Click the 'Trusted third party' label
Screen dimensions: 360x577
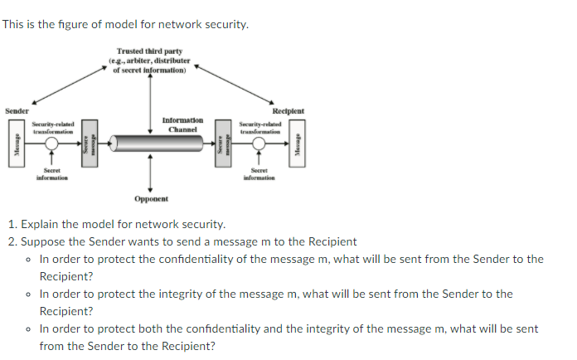tap(150, 51)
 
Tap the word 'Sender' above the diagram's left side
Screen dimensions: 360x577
tap(17, 111)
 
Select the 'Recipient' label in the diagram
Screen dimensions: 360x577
tap(288, 110)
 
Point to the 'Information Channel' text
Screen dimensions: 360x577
tap(182, 124)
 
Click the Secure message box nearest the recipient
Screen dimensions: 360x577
tap(221, 144)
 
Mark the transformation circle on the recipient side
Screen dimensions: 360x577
tap(259, 144)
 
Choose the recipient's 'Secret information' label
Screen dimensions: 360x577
tap(259, 173)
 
